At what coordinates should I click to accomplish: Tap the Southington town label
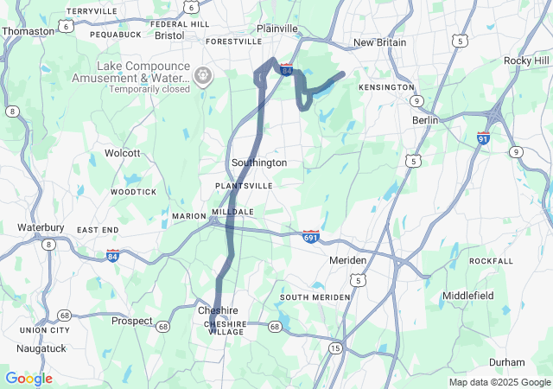click(x=258, y=163)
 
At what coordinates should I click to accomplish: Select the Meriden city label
click(x=348, y=260)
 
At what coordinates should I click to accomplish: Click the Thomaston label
click(x=28, y=30)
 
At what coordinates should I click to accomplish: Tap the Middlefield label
click(x=467, y=296)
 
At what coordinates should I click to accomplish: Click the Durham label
click(x=506, y=363)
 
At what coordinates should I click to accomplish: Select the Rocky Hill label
click(x=526, y=61)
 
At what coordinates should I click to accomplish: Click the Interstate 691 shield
click(x=312, y=236)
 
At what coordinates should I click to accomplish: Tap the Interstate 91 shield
click(x=484, y=137)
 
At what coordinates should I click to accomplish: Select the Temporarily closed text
click(x=149, y=89)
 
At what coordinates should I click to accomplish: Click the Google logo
click(x=29, y=379)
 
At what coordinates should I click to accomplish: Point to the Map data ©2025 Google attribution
click(x=499, y=382)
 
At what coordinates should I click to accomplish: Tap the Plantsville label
click(x=244, y=186)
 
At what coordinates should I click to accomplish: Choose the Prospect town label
click(x=131, y=321)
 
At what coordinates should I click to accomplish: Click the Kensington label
click(x=388, y=88)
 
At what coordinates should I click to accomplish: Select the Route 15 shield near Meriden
click(x=334, y=348)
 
